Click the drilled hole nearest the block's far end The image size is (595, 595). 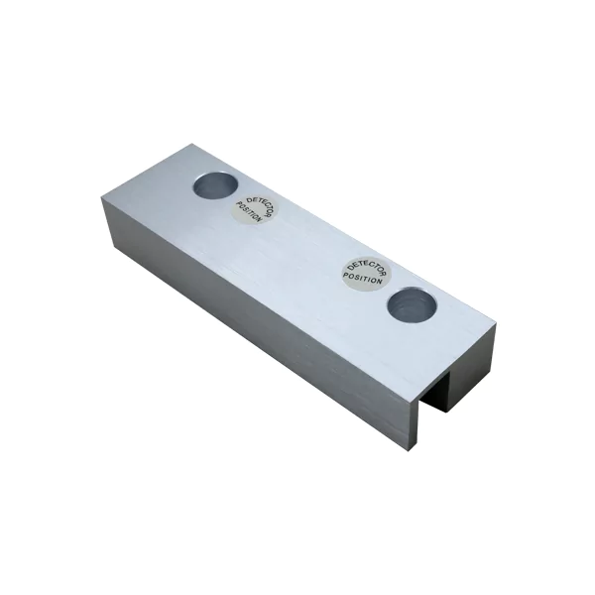[x=215, y=184]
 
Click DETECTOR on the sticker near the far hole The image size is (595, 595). [x=260, y=207]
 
